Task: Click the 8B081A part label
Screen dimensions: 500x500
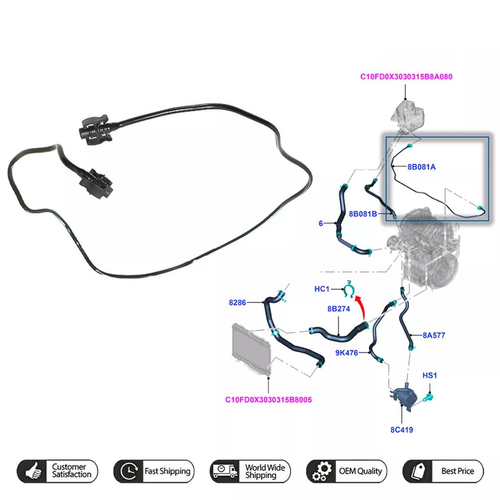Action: tap(421, 167)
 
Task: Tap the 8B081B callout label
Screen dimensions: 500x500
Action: tap(363, 214)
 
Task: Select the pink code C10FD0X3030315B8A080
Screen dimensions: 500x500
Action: tap(406, 77)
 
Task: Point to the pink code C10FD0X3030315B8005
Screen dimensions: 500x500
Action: tap(269, 399)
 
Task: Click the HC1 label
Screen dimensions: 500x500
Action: tap(322, 289)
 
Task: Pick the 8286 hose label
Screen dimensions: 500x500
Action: tap(237, 302)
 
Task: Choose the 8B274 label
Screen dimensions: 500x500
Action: tap(339, 309)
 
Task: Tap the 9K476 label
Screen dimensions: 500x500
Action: tap(347, 353)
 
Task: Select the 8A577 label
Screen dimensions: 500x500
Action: tap(434, 335)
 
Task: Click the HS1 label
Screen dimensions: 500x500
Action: tap(430, 375)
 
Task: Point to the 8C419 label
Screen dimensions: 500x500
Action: tap(402, 430)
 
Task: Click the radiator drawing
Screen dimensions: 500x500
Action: tap(251, 348)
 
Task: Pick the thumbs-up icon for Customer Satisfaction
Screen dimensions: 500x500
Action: tap(34, 471)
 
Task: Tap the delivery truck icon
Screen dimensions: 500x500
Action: tap(225, 471)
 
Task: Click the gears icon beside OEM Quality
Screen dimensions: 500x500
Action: tap(321, 471)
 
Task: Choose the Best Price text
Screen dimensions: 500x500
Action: tap(458, 471)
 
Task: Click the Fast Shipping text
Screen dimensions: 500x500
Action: tap(167, 471)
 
